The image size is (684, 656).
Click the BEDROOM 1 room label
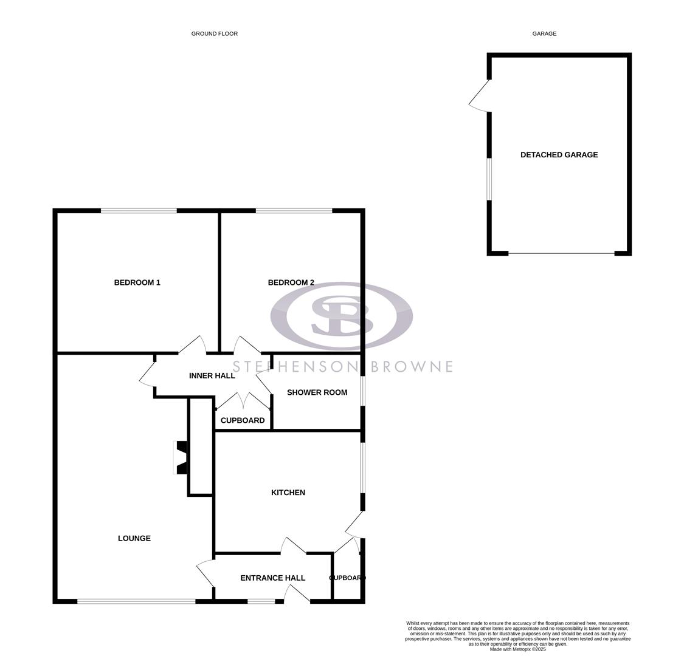pos(137,282)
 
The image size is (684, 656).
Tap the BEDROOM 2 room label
pos(291,282)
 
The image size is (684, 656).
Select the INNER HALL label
pos(212,376)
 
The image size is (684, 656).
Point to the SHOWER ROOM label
pos(317,392)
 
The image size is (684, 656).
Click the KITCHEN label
pos(288,493)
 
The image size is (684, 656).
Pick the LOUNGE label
pos(134,538)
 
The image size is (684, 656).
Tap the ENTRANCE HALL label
pos(272,578)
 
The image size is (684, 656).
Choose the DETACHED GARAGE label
pos(559,155)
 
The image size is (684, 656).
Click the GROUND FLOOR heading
pos(214,34)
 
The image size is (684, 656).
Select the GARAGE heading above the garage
pos(544,34)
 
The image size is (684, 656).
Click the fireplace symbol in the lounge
pos(181,457)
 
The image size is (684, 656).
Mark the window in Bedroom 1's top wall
pos(139,211)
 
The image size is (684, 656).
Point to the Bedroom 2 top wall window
pos(294,211)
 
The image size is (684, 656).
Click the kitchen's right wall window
pos(362,468)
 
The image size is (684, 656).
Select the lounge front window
pos(136,601)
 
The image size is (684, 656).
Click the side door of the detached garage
pos(480,97)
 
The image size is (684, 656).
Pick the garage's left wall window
pos(489,179)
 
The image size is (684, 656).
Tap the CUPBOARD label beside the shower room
pos(242,420)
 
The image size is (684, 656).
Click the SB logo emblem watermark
pos(341,316)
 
